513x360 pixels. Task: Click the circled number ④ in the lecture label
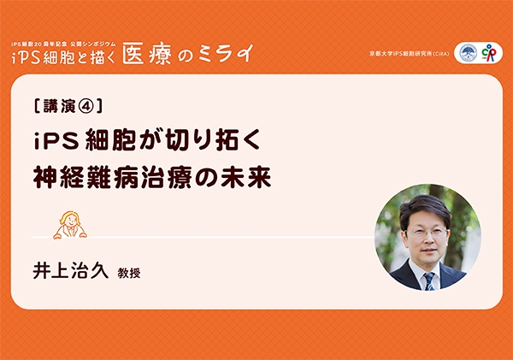pos(86,106)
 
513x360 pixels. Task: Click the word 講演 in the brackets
pos(59,106)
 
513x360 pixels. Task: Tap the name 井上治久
pos(70,271)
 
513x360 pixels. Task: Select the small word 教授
pos(129,273)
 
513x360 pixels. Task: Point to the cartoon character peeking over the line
pos(70,225)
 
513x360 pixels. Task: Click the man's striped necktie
pos(429,281)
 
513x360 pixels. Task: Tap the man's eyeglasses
pos(427,233)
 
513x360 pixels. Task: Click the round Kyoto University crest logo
pos(469,53)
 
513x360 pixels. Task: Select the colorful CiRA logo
pos(489,53)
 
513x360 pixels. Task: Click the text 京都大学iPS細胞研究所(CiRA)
pos(410,54)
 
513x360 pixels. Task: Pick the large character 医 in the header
pos(133,54)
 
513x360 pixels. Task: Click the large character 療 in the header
pos(161,54)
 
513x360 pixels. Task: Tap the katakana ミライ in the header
pos(226,53)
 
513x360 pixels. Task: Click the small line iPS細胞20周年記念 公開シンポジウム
pos(63,44)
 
